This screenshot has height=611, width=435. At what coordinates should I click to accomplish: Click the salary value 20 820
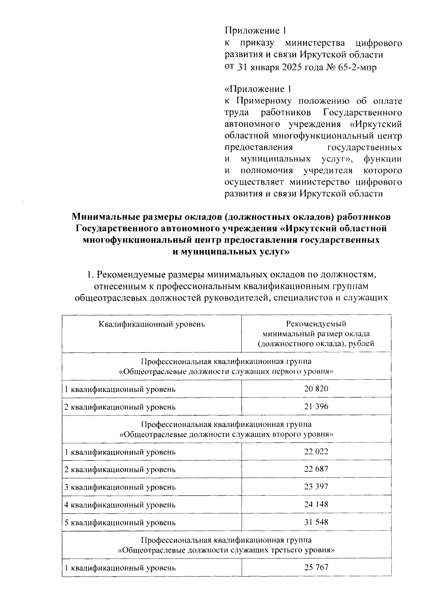point(316,389)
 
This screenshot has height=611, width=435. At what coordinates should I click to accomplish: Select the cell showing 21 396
point(316,406)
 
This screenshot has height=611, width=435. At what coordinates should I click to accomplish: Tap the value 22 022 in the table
point(316,451)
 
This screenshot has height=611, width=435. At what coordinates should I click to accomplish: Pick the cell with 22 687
point(316,469)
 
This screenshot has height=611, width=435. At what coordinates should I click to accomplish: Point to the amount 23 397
point(316,487)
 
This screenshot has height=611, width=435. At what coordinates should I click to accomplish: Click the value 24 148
point(316,504)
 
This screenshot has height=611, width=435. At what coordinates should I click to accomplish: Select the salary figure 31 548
point(316,522)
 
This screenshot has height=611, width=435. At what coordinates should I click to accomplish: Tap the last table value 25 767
point(316,567)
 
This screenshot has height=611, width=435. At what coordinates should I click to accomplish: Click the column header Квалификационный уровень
point(152,324)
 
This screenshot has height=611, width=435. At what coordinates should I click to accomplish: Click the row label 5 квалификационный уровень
point(120,523)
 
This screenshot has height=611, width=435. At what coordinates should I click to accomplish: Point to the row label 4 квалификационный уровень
point(120,505)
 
